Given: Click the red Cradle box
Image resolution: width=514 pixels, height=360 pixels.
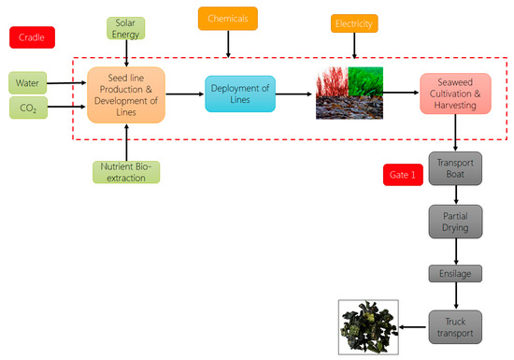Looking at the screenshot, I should [x=32, y=38].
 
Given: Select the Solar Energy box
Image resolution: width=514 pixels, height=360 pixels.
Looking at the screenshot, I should [x=126, y=28].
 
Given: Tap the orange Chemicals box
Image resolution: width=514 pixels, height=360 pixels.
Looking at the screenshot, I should [x=228, y=18].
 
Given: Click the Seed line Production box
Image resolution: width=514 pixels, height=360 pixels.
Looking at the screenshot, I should [x=126, y=94].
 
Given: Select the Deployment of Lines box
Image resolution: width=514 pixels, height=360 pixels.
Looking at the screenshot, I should [x=240, y=94].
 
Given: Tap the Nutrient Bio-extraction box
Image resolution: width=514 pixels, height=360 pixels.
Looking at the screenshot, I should [x=126, y=171].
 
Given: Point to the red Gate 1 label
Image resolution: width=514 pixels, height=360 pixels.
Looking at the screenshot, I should [x=404, y=174].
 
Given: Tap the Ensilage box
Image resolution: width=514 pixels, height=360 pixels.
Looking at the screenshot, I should [x=455, y=275].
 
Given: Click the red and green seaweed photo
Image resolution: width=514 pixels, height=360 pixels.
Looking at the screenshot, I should [x=349, y=93].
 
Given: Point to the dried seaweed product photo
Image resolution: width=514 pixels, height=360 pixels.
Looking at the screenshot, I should [x=368, y=327].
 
